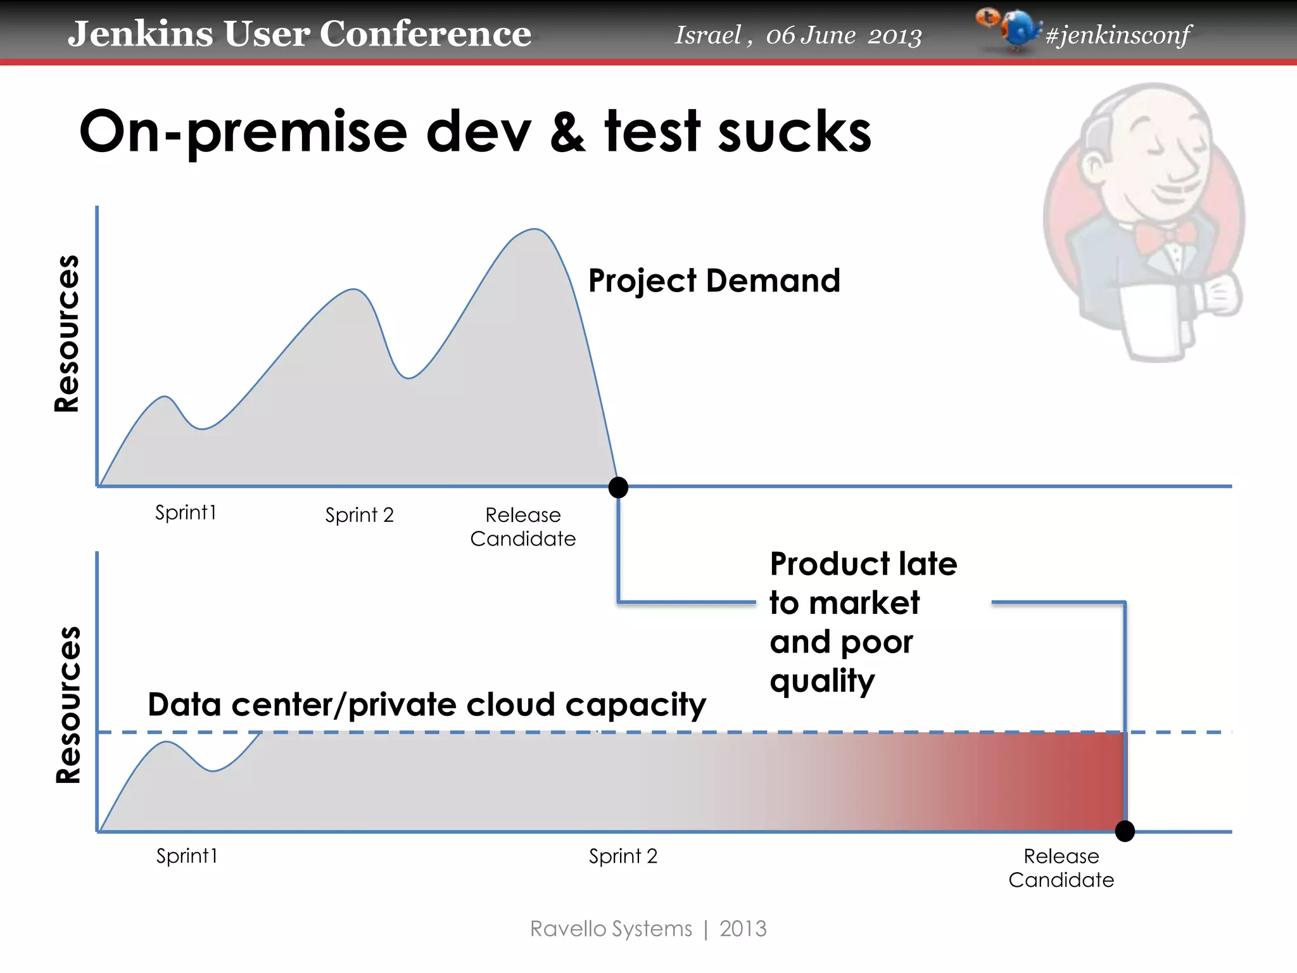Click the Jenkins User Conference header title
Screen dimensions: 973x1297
(299, 34)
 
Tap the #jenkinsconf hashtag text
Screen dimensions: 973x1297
(1118, 35)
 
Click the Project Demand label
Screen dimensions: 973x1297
(714, 281)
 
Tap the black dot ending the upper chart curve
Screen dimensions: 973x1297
(618, 487)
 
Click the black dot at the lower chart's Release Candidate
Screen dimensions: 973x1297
(1125, 831)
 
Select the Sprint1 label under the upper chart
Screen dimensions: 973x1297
(186, 512)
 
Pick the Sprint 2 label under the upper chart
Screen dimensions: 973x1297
(359, 515)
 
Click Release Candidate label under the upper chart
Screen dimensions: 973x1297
(523, 526)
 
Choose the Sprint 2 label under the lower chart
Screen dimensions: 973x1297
(623, 856)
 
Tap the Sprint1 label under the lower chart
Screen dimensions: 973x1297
(187, 856)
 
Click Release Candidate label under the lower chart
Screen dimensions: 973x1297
(1061, 868)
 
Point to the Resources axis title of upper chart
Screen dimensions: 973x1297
(67, 334)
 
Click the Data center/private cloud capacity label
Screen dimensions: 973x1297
(426, 705)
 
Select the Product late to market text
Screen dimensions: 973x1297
(863, 583)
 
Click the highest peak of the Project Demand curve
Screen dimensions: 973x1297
(535, 229)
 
